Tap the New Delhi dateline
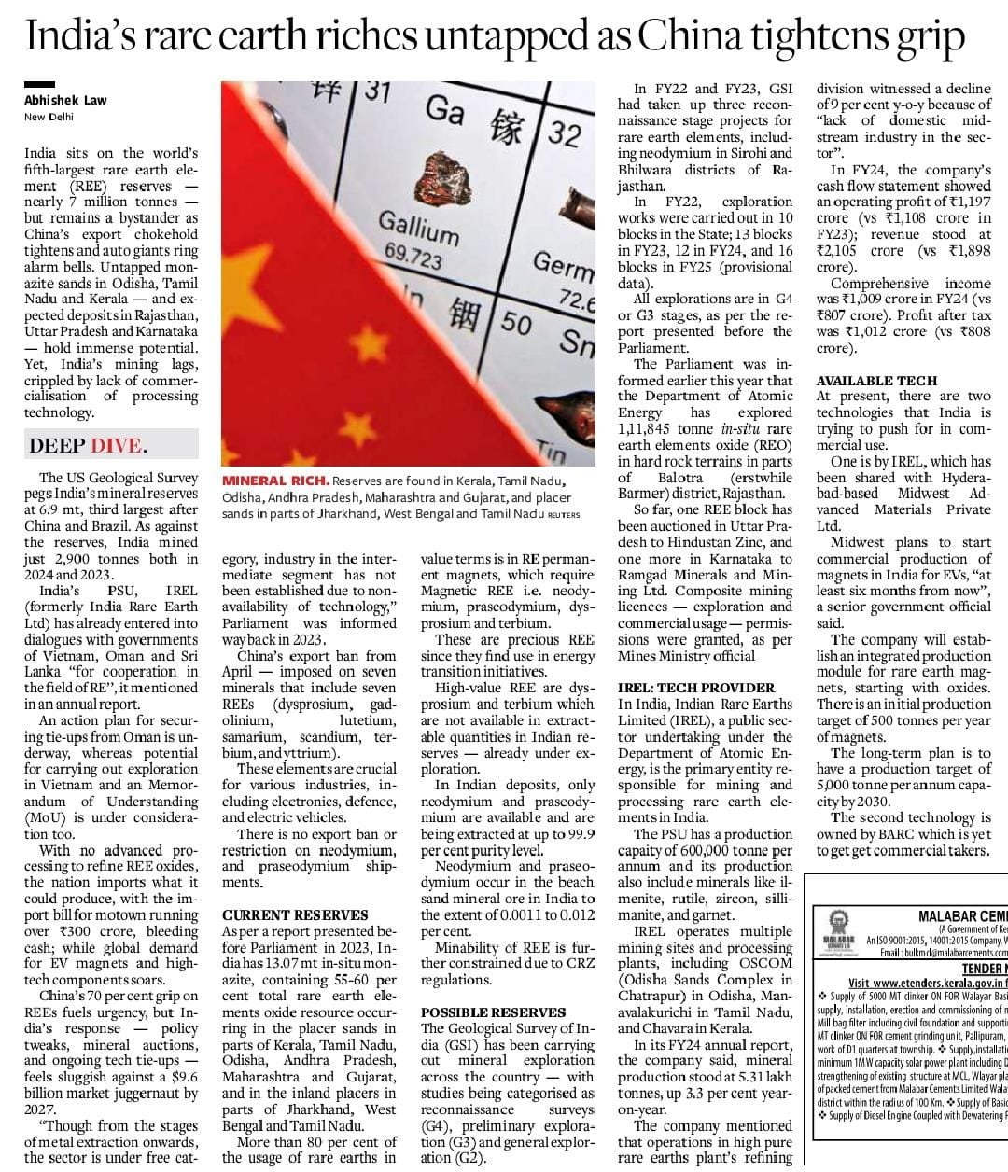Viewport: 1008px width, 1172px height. [49, 117]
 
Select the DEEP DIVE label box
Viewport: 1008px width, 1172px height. [88, 445]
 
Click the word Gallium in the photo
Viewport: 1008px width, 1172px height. [417, 227]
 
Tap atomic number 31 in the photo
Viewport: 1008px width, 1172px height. [376, 91]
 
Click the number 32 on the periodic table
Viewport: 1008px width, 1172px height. [564, 133]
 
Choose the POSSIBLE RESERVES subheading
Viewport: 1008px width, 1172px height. [493, 1012]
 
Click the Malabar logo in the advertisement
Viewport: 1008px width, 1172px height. [833, 936]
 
